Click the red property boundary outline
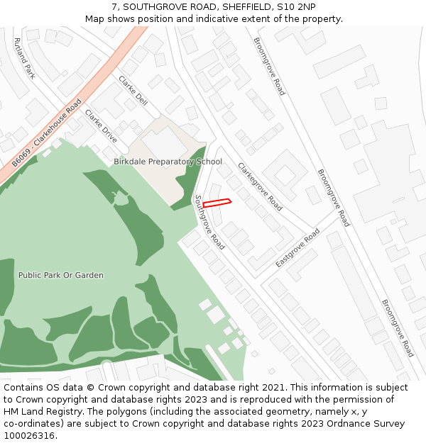(x=217, y=203)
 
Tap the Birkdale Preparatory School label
(x=168, y=162)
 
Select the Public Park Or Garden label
(x=61, y=275)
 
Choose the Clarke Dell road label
(x=133, y=91)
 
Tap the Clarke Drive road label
(x=101, y=125)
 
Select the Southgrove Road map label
(x=209, y=222)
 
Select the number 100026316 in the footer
(x=29, y=436)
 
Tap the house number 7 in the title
(x=115, y=6)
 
